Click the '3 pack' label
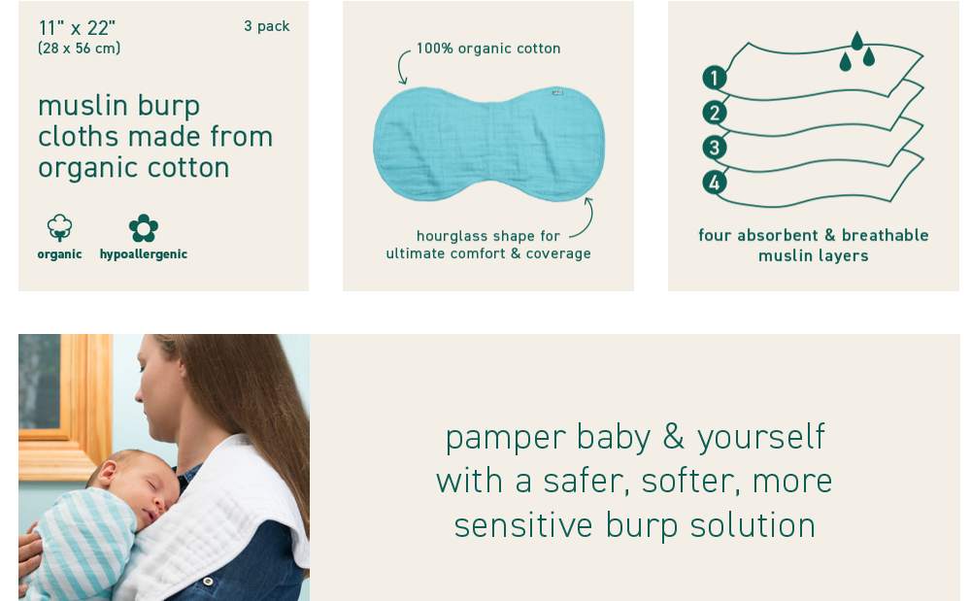pyautogui.click(x=266, y=26)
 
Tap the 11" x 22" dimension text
pyautogui.click(x=77, y=28)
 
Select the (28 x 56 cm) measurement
pyautogui.click(x=80, y=48)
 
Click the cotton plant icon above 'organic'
pyautogui.click(x=59, y=228)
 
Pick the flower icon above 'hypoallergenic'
pyautogui.click(x=144, y=228)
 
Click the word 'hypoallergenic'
pyautogui.click(x=144, y=254)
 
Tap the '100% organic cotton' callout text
pyautogui.click(x=488, y=49)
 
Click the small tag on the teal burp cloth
pyautogui.click(x=557, y=92)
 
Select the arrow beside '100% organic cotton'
pyautogui.click(x=399, y=65)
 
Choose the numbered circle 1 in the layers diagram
pyautogui.click(x=714, y=78)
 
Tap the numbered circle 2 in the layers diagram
pyautogui.click(x=714, y=113)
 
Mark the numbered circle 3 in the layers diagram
pyautogui.click(x=714, y=148)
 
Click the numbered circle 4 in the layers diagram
pyautogui.click(x=714, y=183)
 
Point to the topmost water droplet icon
pyautogui.click(x=857, y=41)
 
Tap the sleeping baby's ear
pyautogui.click(x=107, y=473)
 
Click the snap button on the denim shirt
pyautogui.click(x=208, y=582)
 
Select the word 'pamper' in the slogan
pyautogui.click(x=505, y=438)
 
